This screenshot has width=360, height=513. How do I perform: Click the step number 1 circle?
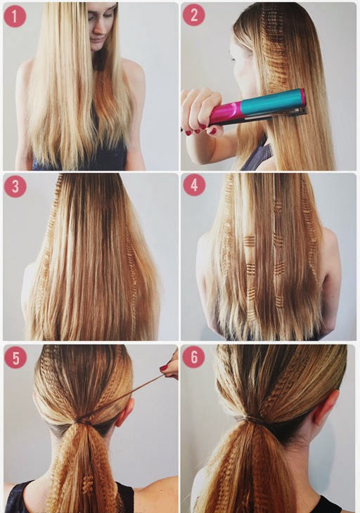(x=15, y=16)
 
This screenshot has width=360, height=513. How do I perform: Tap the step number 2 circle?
(x=194, y=15)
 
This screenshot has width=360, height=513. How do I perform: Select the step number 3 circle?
(x=15, y=186)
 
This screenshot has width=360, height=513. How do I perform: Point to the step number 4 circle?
(x=194, y=186)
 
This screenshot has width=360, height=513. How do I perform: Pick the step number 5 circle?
(x=15, y=358)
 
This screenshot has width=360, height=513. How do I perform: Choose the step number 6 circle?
(x=194, y=357)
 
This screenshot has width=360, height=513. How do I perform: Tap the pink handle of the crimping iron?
(x=226, y=112)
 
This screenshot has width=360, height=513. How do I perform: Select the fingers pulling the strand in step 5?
(x=170, y=365)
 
